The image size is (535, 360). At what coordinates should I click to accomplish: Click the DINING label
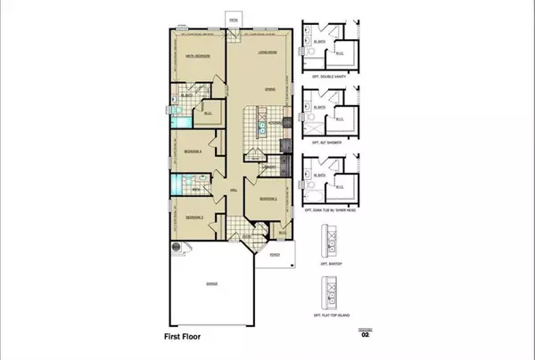(263, 88)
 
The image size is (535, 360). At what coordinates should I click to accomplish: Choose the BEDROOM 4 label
(193, 151)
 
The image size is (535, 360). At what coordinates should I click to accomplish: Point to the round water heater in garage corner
(176, 247)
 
